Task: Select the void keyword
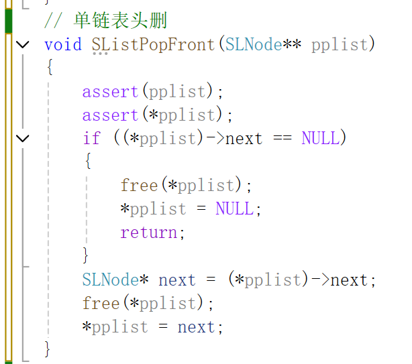pos(62,44)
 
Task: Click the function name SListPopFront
pos(153,44)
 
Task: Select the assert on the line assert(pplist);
pos(110,91)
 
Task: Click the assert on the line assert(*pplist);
pos(110,115)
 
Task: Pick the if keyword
pos(91,138)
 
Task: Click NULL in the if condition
pos(321,138)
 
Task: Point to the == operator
pos(282,138)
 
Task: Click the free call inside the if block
pos(139,185)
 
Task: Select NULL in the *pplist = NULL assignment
pos(235,208)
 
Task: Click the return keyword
pos(148,232)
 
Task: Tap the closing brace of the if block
pos(86,255)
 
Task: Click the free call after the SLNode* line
pos(101,303)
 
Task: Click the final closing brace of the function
pos(48,349)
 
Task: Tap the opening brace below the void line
pos(48,68)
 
